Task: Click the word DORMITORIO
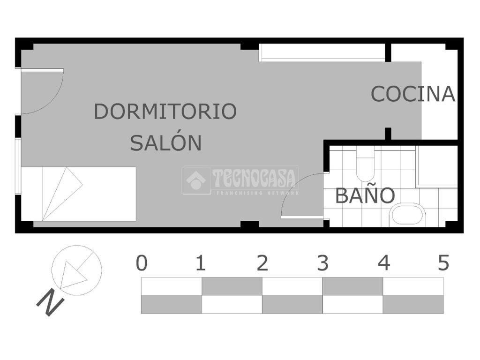point(165,112)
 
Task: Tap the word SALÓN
point(165,142)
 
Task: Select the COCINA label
point(412,94)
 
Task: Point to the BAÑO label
point(365,195)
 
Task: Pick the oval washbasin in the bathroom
point(407,215)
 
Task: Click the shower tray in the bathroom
point(436,166)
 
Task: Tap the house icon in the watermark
point(196,180)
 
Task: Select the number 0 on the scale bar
point(142,263)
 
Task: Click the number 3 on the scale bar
point(322,263)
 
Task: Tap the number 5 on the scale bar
point(443,263)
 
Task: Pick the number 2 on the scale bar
point(262,263)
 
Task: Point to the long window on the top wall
point(322,52)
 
